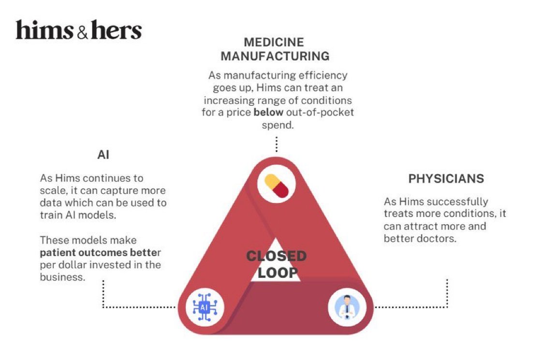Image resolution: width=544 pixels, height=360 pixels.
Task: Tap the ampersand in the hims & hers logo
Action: click(82, 32)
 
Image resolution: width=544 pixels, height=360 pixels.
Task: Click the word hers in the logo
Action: click(117, 30)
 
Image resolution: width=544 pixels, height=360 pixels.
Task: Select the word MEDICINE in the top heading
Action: click(274, 43)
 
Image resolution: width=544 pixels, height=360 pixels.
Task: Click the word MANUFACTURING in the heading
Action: click(275, 56)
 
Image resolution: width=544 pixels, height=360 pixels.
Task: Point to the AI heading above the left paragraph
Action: click(103, 155)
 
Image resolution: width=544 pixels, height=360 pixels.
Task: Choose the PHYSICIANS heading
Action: click(446, 179)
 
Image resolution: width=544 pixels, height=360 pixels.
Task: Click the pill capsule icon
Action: click(277, 186)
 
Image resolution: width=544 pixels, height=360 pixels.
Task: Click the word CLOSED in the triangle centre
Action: click(276, 256)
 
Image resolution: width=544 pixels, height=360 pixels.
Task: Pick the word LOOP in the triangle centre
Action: click(278, 273)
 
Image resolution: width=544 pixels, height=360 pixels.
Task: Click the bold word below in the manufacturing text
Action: click(268, 113)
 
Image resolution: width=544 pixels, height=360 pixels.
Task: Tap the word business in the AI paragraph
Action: click(62, 277)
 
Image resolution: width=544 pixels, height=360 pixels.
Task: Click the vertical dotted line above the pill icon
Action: click(277, 144)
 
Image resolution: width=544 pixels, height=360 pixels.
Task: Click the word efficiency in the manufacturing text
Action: click(323, 75)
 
